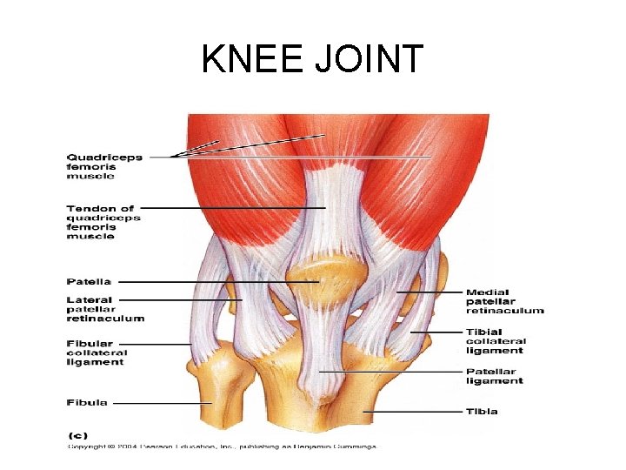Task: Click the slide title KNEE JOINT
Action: pyautogui.click(x=312, y=59)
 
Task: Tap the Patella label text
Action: pyautogui.click(x=89, y=281)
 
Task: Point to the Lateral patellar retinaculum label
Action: pyautogui.click(x=104, y=309)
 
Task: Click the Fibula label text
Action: pyautogui.click(x=87, y=402)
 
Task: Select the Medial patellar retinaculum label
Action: pyautogui.click(x=504, y=301)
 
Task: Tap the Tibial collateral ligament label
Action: pyautogui.click(x=495, y=341)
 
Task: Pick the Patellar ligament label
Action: pyautogui.click(x=495, y=376)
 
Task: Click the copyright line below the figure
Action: pyautogui.click(x=224, y=446)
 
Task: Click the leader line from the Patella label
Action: pyautogui.click(x=217, y=282)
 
